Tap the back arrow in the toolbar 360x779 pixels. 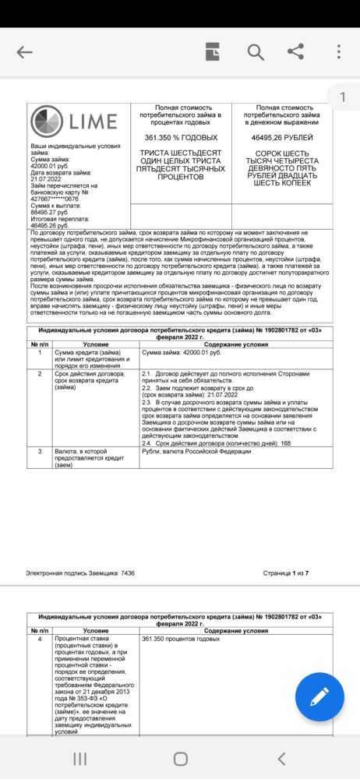[25, 53]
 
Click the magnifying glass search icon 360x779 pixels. [256, 52]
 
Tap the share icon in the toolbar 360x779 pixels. [295, 52]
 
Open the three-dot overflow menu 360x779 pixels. [338, 52]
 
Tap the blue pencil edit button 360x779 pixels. [319, 696]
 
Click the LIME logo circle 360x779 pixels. [48, 122]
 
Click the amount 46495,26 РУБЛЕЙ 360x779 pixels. [282, 137]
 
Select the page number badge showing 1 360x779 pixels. [342, 97]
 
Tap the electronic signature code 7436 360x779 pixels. [128, 573]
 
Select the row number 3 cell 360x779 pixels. [40, 451]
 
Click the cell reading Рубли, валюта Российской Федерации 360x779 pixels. [199, 451]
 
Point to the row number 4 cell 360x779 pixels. [40, 639]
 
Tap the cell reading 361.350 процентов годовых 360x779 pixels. [181, 639]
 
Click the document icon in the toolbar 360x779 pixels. [213, 52]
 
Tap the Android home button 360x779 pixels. [180, 758]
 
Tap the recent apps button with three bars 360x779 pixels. [79, 758]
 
